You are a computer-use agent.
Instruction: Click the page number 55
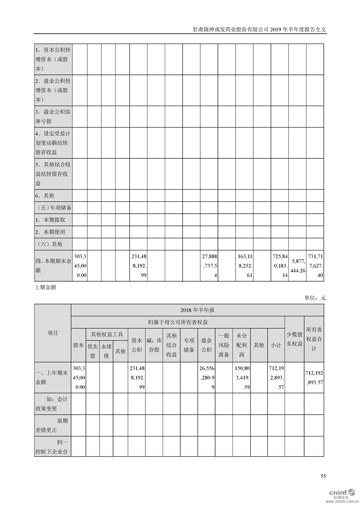[x=323, y=476]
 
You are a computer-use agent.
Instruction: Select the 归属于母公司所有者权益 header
[x=178, y=322]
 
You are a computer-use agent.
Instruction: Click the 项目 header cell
[x=53, y=333]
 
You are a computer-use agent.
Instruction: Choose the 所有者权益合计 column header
[x=314, y=339]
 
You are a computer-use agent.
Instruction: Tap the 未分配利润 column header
[x=241, y=345]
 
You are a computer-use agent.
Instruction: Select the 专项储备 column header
[x=189, y=345]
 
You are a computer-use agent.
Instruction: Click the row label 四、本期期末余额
[x=53, y=265]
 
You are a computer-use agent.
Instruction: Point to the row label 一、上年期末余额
[x=53, y=377]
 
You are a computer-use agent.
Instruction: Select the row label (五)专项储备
[x=54, y=208]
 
